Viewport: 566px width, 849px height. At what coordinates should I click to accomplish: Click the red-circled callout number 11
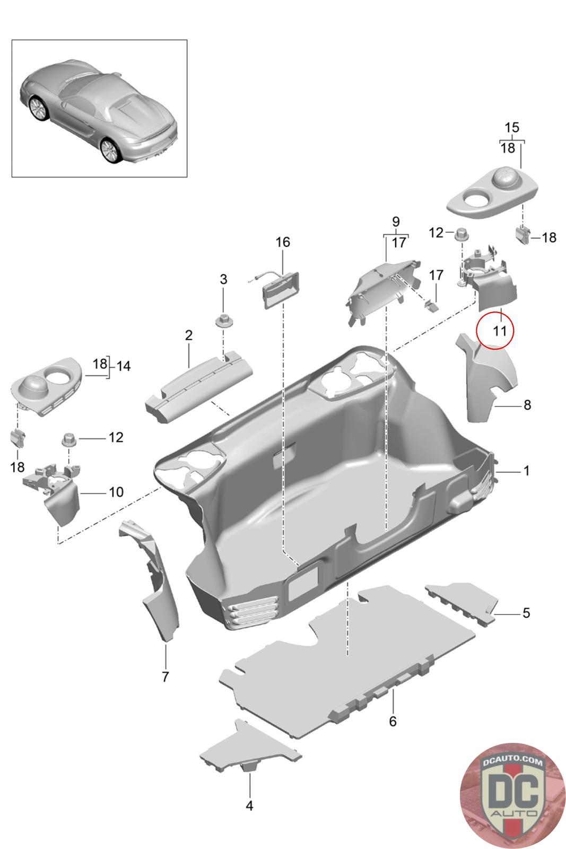click(x=499, y=331)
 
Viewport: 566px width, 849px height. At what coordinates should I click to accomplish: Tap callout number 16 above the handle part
click(x=283, y=242)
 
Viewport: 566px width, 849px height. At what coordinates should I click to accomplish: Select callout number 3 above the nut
click(x=223, y=279)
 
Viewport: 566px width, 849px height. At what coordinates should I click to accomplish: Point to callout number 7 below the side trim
click(x=165, y=677)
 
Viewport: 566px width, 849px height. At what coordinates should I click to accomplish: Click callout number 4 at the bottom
click(x=249, y=805)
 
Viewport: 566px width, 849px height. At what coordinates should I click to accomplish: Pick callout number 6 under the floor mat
click(x=393, y=721)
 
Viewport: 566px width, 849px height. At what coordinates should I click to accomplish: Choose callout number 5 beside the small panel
click(x=526, y=613)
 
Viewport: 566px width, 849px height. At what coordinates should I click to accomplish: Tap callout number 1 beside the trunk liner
click(x=526, y=471)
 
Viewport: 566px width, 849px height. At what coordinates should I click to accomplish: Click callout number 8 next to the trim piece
click(x=527, y=405)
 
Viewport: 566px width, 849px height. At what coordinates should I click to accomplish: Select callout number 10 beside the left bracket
click(x=116, y=492)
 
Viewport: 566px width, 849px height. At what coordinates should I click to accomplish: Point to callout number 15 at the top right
click(x=511, y=128)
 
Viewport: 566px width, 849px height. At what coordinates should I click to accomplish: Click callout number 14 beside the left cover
click(x=123, y=366)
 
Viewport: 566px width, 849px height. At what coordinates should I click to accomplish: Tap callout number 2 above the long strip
click(x=188, y=335)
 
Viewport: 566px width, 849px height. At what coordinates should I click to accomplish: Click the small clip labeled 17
click(x=432, y=305)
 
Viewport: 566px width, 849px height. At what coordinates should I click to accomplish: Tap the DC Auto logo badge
click(x=512, y=796)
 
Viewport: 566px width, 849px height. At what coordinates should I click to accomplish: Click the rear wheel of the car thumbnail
click(x=110, y=151)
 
